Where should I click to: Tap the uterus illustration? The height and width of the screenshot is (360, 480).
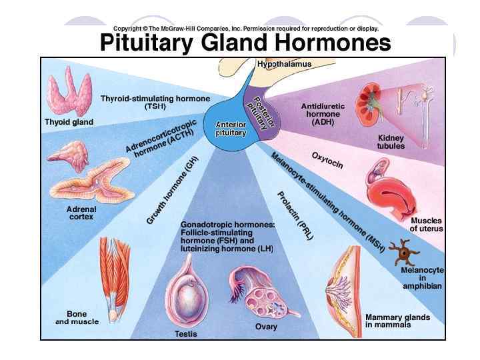[393, 194]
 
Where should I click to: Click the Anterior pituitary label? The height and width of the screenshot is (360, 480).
[231, 128]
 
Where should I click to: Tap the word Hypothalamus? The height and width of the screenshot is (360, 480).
[284, 64]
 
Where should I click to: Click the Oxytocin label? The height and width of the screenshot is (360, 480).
[327, 160]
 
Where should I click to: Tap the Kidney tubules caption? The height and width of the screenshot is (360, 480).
[391, 142]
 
